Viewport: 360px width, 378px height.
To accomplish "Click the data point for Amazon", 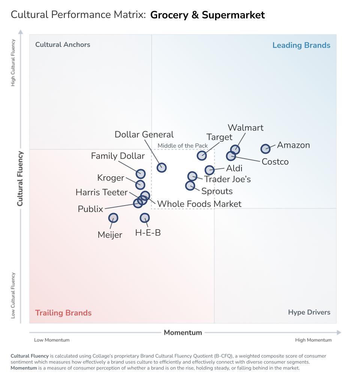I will coord(265,149).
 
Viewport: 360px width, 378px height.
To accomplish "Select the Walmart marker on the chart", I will coord(235,150).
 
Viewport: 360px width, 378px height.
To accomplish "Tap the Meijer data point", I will coord(113,218).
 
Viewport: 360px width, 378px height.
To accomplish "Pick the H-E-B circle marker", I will coord(145,218).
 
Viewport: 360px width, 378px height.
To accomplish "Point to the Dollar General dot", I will coord(162,168).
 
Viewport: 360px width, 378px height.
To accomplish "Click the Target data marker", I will coord(202,155).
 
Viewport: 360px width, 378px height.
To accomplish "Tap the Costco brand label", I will coord(275,162).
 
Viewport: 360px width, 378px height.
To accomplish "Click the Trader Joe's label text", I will coord(227,179).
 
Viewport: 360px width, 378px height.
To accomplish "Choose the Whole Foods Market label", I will coord(199,204).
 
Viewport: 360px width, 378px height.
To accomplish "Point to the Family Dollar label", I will coord(118,156).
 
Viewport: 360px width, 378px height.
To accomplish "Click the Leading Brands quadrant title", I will coord(301,45).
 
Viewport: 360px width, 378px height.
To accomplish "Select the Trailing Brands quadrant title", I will coord(63,313).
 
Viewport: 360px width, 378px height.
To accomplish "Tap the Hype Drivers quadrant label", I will coord(309,312).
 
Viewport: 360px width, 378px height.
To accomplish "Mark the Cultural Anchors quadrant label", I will coord(63,45).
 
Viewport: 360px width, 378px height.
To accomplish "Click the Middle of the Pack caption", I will coord(183,146).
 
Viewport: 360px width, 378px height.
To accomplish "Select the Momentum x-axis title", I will coord(183,333).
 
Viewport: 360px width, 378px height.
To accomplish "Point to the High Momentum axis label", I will coord(313,340).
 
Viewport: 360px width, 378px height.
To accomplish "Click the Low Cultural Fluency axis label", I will coord(13,295).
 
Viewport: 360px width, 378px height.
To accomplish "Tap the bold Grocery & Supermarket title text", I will coord(207,15).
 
